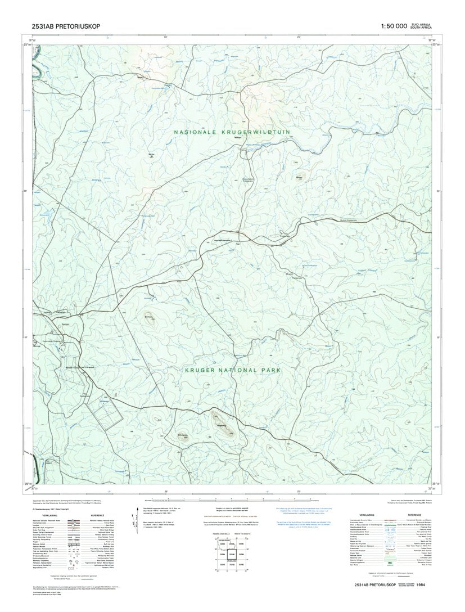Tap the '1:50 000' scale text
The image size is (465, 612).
click(394, 26)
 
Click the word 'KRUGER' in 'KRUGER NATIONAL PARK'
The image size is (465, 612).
click(205, 371)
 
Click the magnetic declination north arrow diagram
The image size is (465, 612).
click(134, 516)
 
